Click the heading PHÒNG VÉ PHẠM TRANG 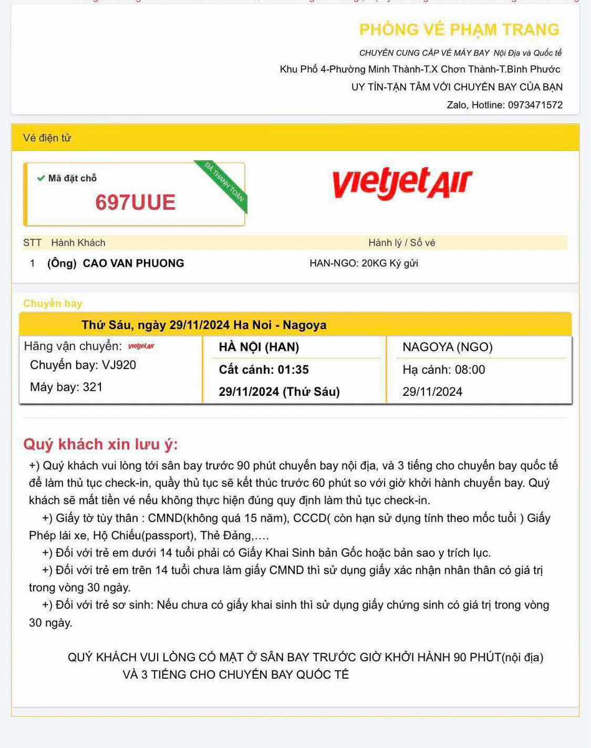click(459, 29)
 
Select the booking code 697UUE click(135, 202)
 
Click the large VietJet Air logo click(402, 184)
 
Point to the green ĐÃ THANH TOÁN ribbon click(226, 186)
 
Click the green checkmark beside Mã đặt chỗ click(41, 178)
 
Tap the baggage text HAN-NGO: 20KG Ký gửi click(363, 263)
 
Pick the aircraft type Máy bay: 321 click(66, 387)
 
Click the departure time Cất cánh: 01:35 click(264, 370)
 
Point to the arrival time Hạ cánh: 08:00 click(443, 370)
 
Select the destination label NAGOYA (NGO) click(448, 347)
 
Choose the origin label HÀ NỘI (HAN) click(259, 347)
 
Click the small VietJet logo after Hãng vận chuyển click(141, 347)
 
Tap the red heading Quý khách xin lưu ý click(100, 444)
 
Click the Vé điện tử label click(47, 138)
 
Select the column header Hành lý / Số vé click(401, 242)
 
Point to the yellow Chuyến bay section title click(52, 304)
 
